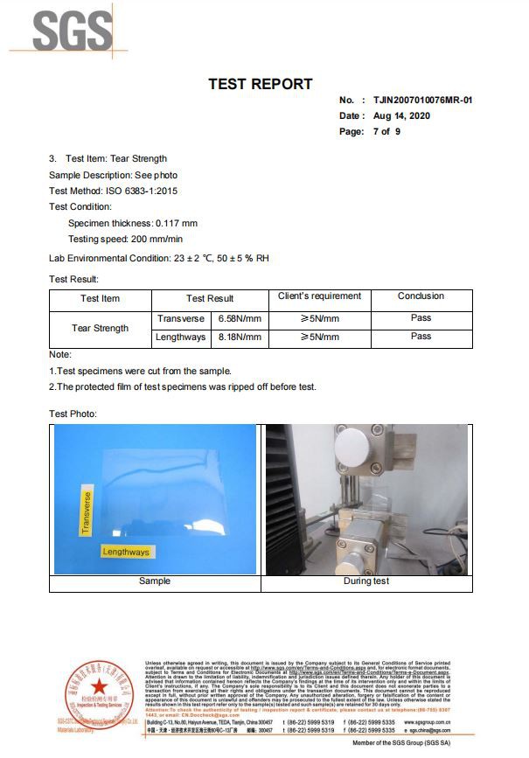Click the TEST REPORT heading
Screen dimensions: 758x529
coord(260,85)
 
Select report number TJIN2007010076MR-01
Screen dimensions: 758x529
coord(422,101)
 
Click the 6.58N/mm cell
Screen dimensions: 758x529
coord(240,319)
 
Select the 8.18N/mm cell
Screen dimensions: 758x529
coord(240,337)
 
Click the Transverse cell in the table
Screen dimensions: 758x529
coord(180,319)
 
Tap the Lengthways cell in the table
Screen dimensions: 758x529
coord(180,337)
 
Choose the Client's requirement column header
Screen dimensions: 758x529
coord(319,297)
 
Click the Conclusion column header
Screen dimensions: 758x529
coord(421,296)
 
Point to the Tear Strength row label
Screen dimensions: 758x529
coord(100,329)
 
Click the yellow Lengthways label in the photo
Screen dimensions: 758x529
coord(126,552)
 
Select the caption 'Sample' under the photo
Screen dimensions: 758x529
coord(155,581)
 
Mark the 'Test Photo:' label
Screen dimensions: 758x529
coord(73,414)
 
